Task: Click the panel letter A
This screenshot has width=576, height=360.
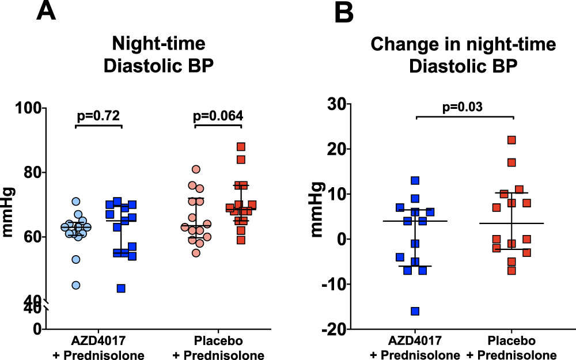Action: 46,12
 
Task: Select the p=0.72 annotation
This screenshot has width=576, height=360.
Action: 98,116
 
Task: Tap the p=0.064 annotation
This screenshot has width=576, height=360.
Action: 218,116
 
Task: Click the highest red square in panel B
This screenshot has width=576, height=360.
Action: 511,140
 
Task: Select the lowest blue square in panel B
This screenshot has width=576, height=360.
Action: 415,311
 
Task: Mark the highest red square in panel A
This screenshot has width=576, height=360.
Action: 241,147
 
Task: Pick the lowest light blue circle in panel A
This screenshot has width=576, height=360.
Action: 75,285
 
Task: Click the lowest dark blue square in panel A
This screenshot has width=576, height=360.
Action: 121,288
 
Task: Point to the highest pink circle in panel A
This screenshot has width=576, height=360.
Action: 196,169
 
